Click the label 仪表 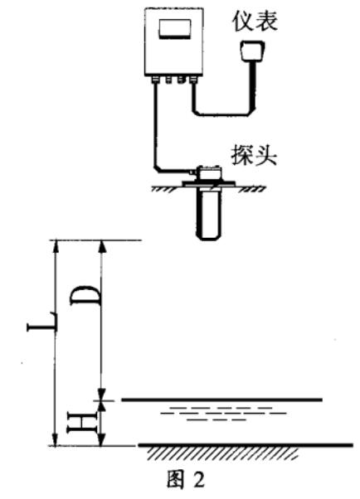(x=255, y=21)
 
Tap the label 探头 (x=254, y=155)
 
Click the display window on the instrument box (x=174, y=29)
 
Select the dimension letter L (x=42, y=322)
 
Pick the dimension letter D (x=85, y=296)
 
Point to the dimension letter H (x=81, y=422)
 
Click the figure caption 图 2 (x=186, y=480)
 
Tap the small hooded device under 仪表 (x=253, y=51)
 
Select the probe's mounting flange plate (x=208, y=184)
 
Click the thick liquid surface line (x=222, y=399)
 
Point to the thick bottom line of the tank (x=246, y=444)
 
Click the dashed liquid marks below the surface (x=223, y=414)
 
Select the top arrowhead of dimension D (x=102, y=247)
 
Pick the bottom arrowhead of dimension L (x=56, y=439)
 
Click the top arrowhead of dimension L (x=56, y=247)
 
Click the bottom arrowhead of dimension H (x=101, y=439)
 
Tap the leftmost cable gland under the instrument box (x=155, y=79)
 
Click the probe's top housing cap (x=208, y=173)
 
